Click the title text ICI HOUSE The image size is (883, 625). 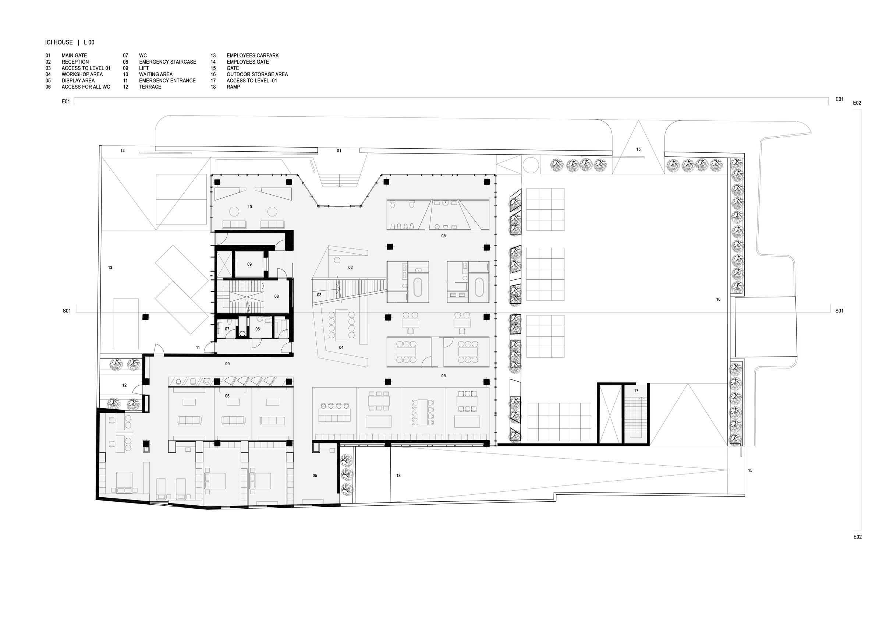point(59,42)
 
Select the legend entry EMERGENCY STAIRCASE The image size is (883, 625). point(168,62)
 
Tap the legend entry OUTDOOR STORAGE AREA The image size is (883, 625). point(257,74)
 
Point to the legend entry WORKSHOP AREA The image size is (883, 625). point(82,74)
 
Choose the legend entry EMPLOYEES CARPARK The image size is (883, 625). point(253,56)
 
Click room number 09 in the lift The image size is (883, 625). point(249,264)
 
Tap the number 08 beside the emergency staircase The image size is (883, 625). point(276,296)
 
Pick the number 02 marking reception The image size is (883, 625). point(350,268)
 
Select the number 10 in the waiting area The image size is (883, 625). point(249,207)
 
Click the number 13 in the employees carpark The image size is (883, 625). point(110,268)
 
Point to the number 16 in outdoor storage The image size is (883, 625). point(718,299)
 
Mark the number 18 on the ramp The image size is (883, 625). point(398,476)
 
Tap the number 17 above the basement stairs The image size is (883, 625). point(636,391)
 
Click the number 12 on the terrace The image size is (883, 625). point(124,385)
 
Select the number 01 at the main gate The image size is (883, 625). point(339,151)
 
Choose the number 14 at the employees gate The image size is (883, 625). point(122,151)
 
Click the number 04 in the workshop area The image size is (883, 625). point(341,347)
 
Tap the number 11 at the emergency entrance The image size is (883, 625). point(198,347)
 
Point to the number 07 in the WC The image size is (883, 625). point(227,329)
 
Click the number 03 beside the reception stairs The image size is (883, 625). point(319,295)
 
